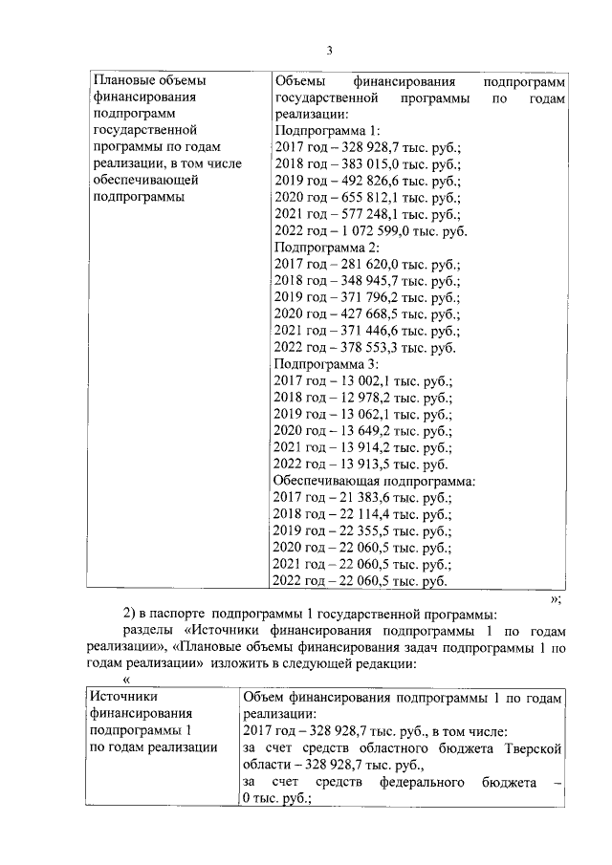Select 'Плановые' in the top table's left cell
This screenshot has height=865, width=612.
(x=124, y=81)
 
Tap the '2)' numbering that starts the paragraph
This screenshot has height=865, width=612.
(x=132, y=613)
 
